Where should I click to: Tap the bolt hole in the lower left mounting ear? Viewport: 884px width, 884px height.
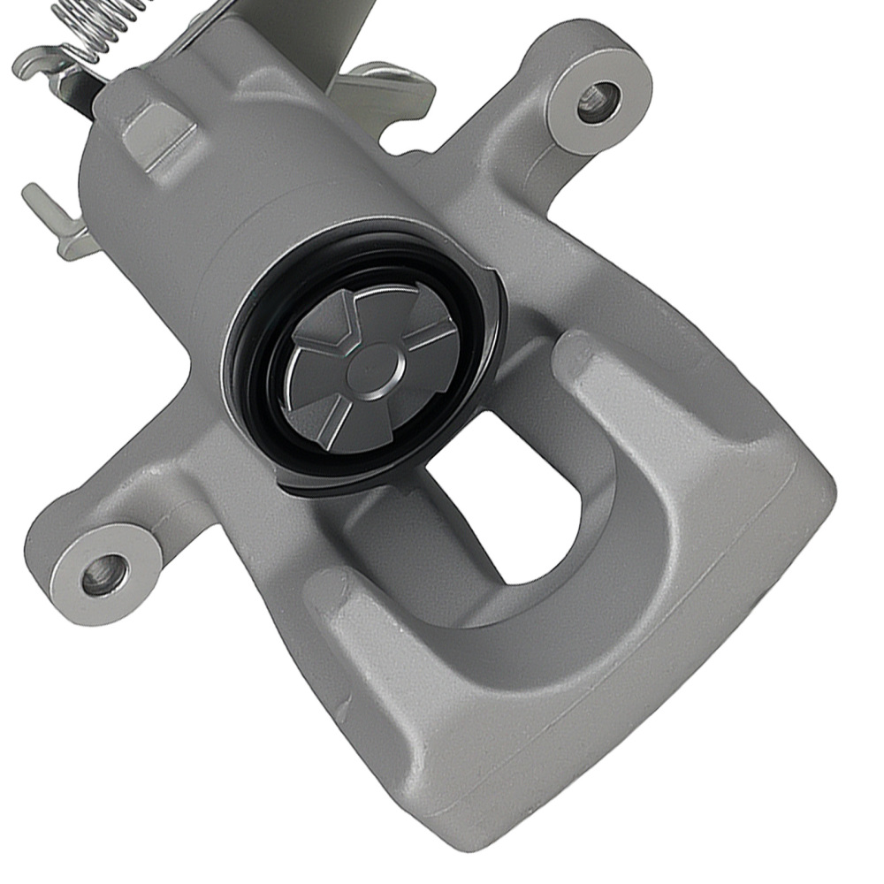(x=104, y=575)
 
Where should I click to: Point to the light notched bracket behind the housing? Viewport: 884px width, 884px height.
(x=389, y=88)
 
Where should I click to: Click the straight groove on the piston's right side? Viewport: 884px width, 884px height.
(x=433, y=336)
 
